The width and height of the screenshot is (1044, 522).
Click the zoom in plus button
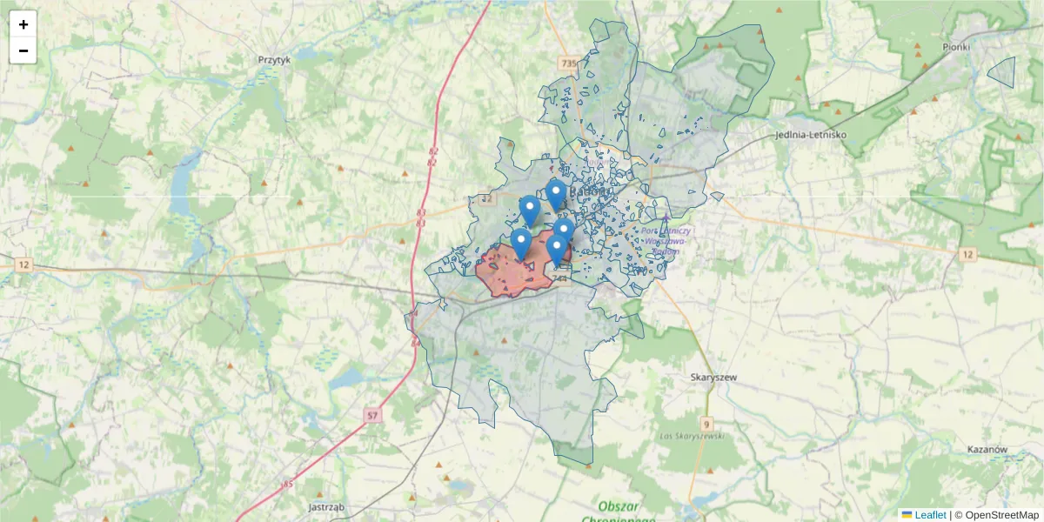point(23,24)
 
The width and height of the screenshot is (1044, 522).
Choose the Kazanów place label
point(987,450)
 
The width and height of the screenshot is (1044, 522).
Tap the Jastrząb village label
point(327,506)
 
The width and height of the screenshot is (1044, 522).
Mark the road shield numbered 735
point(569,64)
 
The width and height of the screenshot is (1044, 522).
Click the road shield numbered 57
point(372,416)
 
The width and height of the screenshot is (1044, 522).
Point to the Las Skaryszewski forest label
point(693,435)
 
